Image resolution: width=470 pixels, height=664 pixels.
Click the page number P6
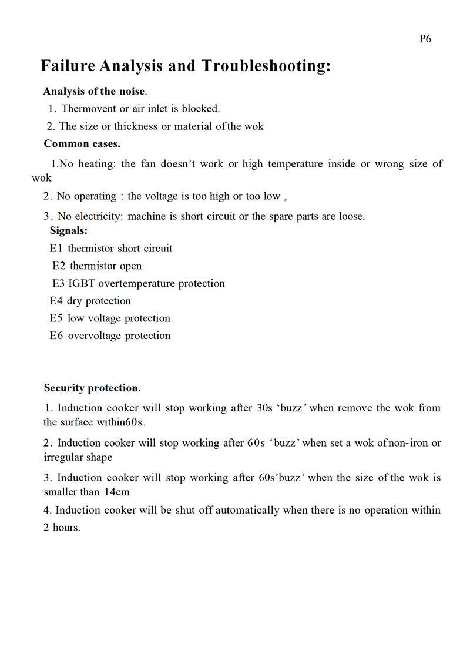(x=425, y=39)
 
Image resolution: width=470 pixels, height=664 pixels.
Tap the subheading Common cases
(x=82, y=144)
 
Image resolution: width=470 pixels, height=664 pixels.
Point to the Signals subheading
(x=69, y=231)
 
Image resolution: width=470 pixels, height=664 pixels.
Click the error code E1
(x=56, y=249)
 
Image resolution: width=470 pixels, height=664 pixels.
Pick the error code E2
(x=59, y=266)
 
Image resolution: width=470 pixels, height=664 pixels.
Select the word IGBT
(x=82, y=284)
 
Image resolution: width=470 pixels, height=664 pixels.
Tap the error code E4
(x=56, y=301)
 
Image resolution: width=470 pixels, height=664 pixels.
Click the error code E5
(x=56, y=318)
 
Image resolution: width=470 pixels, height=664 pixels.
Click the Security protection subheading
(x=92, y=388)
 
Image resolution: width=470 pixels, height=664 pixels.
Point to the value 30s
(x=265, y=408)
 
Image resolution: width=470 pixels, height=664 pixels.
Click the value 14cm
(x=117, y=492)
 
